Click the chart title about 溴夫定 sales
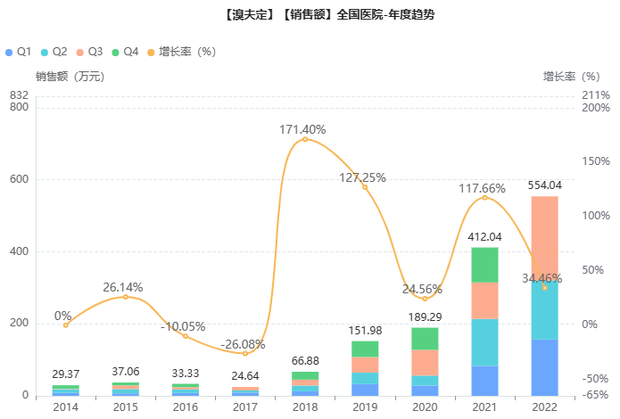(x=310, y=15)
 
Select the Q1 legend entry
(x=19, y=52)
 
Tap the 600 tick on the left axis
(x=19, y=179)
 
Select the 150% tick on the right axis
(x=597, y=161)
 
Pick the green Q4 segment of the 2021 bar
(x=484, y=265)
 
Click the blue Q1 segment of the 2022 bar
(x=544, y=367)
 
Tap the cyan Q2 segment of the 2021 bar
(x=484, y=342)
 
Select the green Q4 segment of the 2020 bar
(x=425, y=339)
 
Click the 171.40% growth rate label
(x=305, y=130)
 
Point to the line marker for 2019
(x=365, y=187)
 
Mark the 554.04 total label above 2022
(x=544, y=185)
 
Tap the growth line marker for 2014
(x=66, y=325)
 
